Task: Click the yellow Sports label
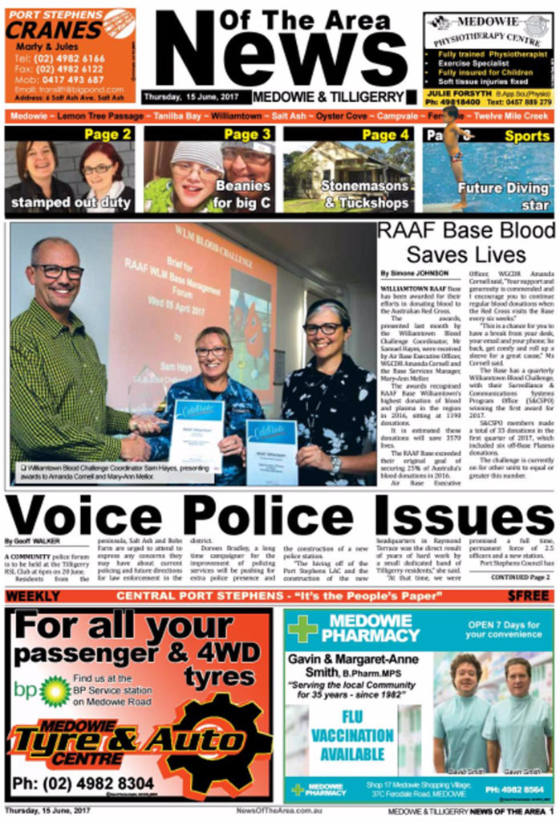click(527, 136)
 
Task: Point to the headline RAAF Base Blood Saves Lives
click(465, 243)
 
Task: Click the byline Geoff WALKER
click(33, 540)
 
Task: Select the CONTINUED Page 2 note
click(520, 576)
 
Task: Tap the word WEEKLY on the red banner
click(33, 596)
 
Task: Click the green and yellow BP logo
click(54, 690)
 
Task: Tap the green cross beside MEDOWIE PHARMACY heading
click(302, 629)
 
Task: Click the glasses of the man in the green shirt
click(58, 272)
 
